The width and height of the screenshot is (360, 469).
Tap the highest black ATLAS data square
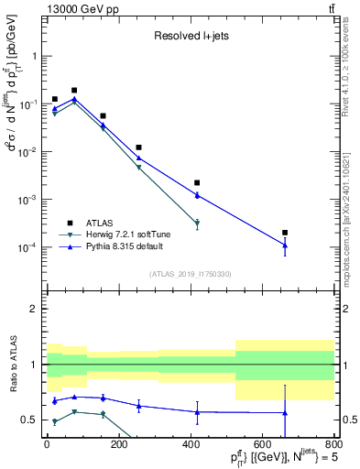coord(74,91)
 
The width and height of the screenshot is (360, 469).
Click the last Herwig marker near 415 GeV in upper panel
coord(197,224)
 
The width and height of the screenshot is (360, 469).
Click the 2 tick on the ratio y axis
coord(36,309)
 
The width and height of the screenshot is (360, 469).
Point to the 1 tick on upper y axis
coord(36,56)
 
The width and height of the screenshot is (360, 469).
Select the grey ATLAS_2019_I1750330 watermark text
coord(189,274)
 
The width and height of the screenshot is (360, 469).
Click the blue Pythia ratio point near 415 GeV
coord(197,411)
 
